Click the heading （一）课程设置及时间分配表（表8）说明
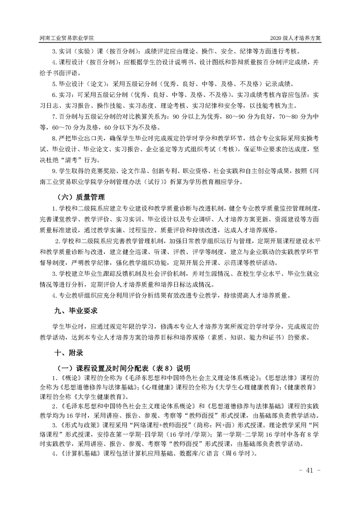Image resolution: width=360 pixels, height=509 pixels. point(123,367)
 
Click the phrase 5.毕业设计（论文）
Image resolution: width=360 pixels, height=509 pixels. point(80,84)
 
